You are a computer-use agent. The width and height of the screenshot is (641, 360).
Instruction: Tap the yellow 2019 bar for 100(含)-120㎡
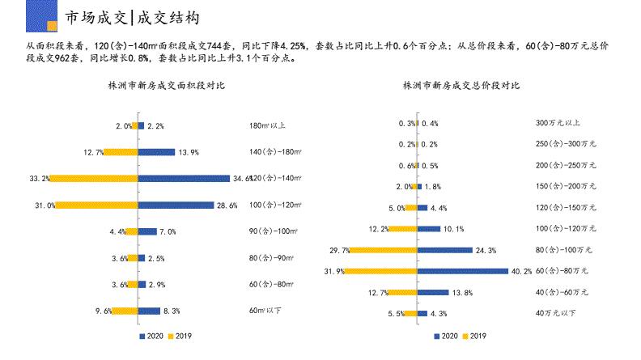[96, 205]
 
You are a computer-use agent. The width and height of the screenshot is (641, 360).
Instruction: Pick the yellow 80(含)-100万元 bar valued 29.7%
[382, 249]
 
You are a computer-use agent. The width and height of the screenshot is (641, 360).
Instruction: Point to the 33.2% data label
[40, 178]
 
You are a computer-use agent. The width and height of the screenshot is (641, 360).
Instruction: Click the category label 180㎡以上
[267, 125]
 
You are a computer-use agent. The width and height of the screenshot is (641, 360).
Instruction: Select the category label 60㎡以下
[266, 310]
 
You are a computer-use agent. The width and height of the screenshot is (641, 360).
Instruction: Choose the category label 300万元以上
[558, 123]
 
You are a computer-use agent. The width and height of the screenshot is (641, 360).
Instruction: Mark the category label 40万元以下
[556, 312]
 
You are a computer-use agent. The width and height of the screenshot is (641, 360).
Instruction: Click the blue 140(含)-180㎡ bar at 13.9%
[157, 152]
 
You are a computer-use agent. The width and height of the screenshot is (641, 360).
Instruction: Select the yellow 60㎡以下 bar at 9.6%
[125, 310]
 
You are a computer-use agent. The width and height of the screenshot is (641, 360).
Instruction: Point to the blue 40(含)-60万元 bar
[433, 291]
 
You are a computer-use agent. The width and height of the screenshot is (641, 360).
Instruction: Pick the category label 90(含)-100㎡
[273, 231]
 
